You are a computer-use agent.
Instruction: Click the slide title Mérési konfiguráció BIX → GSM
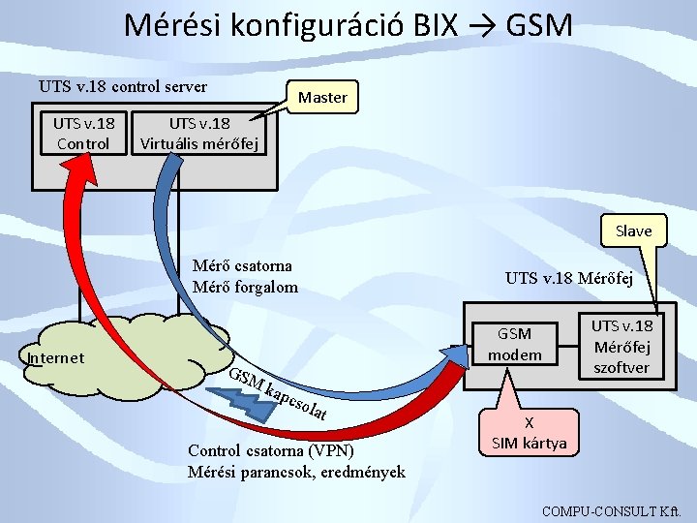click(348, 24)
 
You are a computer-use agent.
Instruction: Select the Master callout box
click(322, 97)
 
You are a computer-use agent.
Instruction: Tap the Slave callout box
click(633, 231)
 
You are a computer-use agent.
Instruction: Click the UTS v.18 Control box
click(83, 134)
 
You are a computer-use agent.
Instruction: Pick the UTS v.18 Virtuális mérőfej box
click(199, 134)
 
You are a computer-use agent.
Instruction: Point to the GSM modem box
click(514, 344)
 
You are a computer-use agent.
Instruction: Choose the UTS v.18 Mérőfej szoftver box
click(622, 346)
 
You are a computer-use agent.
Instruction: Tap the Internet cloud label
click(56, 358)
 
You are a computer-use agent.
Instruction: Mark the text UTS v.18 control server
click(123, 86)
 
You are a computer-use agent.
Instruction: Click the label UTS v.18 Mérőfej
click(569, 278)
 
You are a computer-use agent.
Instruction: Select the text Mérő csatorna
click(242, 266)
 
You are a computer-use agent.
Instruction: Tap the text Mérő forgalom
click(245, 287)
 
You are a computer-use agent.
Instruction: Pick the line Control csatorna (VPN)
click(271, 451)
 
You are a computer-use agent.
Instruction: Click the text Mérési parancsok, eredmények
click(296, 472)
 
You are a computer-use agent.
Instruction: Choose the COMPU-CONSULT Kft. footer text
click(613, 510)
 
